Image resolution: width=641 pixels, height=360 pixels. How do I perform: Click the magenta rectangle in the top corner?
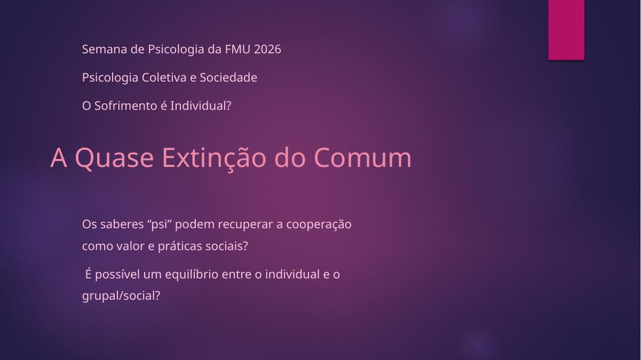566,30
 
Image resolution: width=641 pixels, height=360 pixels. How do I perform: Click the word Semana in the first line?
105,49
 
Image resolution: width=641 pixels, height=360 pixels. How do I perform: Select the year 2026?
267,49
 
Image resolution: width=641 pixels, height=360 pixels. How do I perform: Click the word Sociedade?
228,77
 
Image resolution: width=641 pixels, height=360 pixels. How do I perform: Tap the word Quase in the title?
114,158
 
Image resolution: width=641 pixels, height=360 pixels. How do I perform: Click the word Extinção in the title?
214,158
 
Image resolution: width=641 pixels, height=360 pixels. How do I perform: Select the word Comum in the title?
363,158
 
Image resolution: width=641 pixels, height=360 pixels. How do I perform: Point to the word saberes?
122,224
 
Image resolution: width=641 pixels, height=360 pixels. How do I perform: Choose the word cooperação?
319,225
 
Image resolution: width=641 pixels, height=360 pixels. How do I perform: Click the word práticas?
180,246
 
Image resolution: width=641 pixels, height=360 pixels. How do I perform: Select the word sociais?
227,246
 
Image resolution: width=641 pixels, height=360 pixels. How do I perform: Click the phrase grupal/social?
121,296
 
